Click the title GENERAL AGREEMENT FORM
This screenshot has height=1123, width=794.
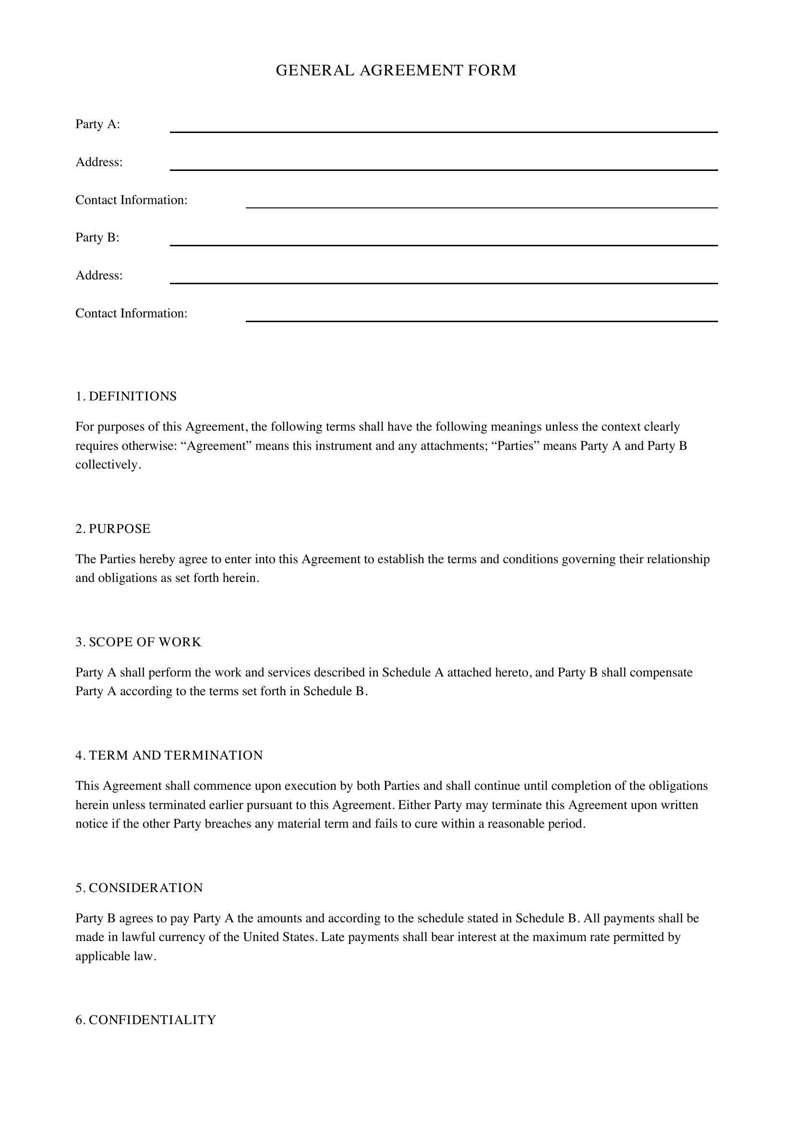[x=396, y=71]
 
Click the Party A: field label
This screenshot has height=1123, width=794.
[x=98, y=124]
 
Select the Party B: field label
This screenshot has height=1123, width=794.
[x=97, y=237]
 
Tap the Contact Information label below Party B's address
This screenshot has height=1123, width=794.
[x=132, y=313]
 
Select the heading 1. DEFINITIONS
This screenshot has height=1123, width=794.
[x=126, y=396]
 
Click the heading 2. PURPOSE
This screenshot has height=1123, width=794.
[x=113, y=529]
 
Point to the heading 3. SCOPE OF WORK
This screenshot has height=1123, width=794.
[x=138, y=642]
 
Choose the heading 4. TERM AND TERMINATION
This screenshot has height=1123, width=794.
[x=169, y=755]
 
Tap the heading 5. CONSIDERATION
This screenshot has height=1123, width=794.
[x=139, y=888]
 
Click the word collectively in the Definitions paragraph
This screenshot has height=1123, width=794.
[x=107, y=465]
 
